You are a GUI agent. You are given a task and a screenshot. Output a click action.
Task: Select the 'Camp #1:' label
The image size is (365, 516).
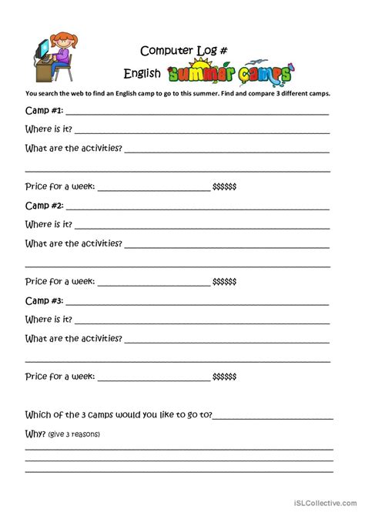click(45, 111)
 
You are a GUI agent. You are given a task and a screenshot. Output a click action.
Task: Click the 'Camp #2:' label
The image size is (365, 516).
click(45, 206)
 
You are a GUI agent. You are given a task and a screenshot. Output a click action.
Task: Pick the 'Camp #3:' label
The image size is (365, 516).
click(45, 300)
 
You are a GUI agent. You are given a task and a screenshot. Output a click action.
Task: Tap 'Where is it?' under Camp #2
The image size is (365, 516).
click(49, 224)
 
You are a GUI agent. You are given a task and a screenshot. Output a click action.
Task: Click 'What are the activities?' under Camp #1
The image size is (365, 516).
click(74, 148)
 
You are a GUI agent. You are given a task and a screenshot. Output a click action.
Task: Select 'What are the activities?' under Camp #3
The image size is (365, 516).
click(74, 338)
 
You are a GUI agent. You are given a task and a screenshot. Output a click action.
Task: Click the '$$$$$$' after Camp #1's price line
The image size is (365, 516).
click(224, 187)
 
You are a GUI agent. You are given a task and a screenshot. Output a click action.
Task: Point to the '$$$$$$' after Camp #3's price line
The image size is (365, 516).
click(224, 377)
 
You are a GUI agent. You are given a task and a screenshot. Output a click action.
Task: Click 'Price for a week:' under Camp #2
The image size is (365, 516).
click(60, 281)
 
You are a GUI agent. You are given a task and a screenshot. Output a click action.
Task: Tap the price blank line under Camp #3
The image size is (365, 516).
click(153, 380)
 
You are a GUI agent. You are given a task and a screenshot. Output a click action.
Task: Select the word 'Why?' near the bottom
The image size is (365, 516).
click(35, 433)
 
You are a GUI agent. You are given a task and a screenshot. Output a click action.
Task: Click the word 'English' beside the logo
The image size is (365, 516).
click(142, 75)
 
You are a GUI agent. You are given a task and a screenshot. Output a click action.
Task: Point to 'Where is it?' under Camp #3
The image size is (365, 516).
click(49, 319)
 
